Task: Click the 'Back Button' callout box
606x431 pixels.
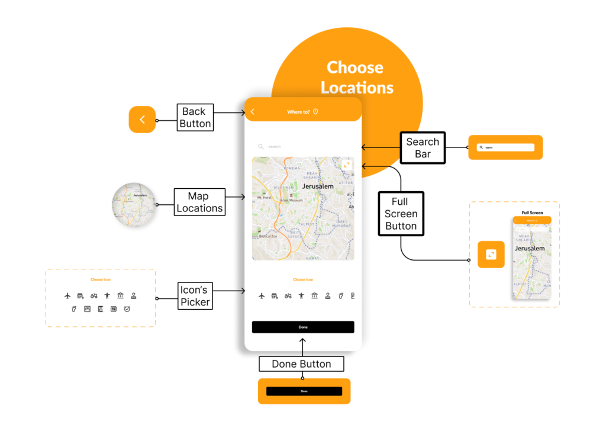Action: pos(195,117)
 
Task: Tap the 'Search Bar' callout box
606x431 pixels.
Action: pos(423,148)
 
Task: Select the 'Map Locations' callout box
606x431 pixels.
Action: pos(199,202)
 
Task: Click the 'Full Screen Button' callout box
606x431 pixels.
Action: pos(401,214)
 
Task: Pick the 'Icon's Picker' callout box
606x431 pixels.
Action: pos(195,296)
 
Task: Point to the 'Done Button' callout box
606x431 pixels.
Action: pos(301,364)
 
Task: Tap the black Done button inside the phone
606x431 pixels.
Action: pos(303,327)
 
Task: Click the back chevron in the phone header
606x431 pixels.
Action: pos(253,112)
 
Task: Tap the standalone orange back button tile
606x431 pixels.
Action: pos(142,120)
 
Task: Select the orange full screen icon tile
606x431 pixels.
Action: pos(491,255)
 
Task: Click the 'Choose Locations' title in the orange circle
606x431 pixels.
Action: pos(356,78)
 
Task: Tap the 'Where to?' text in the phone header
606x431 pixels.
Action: pos(298,112)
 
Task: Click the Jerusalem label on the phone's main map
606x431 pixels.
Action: pos(318,186)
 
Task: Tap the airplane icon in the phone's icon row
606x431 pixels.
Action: pos(262,295)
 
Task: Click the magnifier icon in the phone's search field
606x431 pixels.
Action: pos(260,146)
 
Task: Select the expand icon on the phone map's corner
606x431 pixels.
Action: pos(346,165)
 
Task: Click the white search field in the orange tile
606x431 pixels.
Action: pos(505,147)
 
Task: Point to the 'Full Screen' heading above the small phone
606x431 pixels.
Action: pos(532,213)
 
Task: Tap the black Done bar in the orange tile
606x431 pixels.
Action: pos(304,391)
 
